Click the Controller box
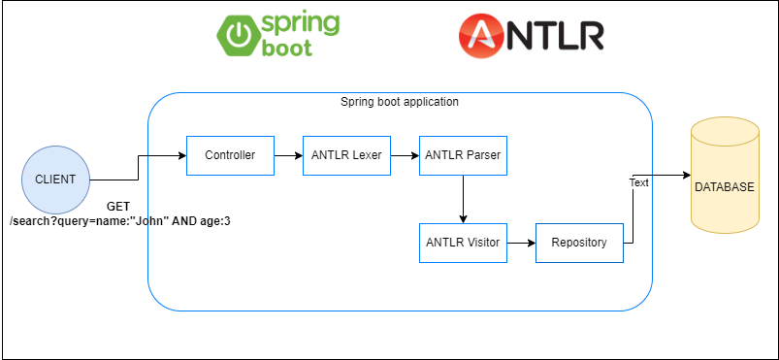(230, 155)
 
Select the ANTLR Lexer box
(346, 155)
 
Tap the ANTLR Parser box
(463, 155)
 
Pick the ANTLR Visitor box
(463, 243)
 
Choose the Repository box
(579, 243)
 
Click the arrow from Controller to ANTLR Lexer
(288, 155)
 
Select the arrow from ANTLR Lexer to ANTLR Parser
(405, 155)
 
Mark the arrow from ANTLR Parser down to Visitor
(463, 199)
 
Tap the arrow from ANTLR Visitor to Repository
(521, 243)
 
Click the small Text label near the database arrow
(639, 181)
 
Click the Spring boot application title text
(400, 102)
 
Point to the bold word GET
(119, 207)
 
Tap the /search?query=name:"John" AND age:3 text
(119, 220)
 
